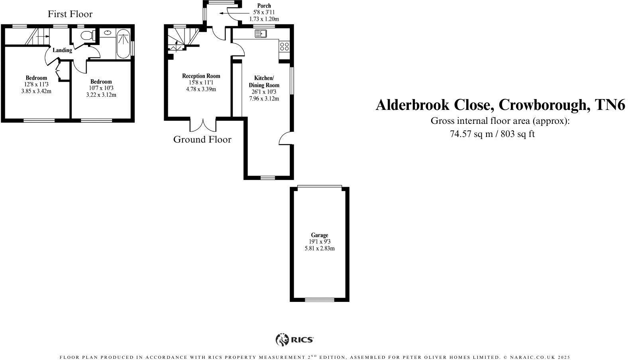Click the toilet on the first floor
pyautogui.click(x=86, y=35)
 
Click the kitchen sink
pyautogui.click(x=260, y=34)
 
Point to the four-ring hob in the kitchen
pyautogui.click(x=285, y=46)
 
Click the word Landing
pyautogui.click(x=63, y=50)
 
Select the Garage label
pyautogui.click(x=320, y=235)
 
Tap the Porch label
pyautogui.click(x=264, y=6)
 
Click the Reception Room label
pyautogui.click(x=201, y=76)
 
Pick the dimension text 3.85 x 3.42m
pyautogui.click(x=36, y=91)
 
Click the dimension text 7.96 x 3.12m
pyautogui.click(x=264, y=98)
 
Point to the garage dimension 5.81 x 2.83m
pyautogui.click(x=320, y=248)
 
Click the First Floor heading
pyautogui.click(x=70, y=14)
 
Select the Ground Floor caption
pyautogui.click(x=202, y=139)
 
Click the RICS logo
pyautogui.click(x=294, y=340)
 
